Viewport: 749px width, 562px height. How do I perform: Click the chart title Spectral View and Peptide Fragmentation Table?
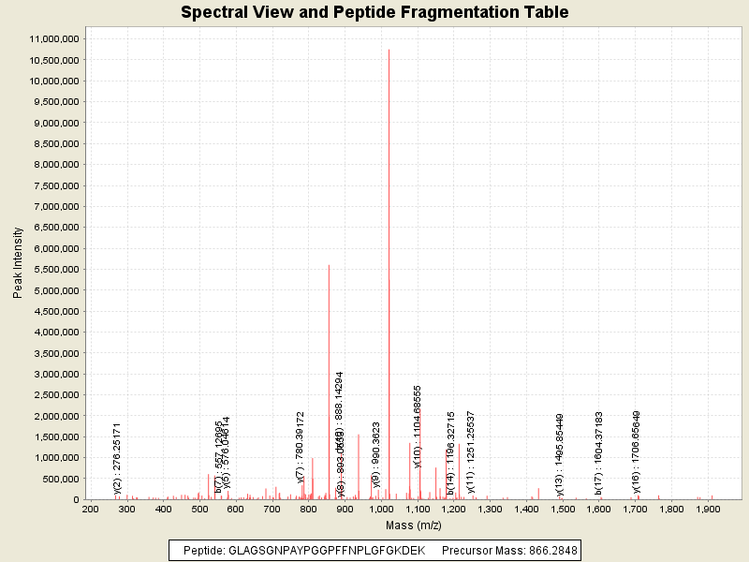click(x=374, y=12)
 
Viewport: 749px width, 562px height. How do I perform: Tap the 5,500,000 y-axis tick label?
click(x=55, y=270)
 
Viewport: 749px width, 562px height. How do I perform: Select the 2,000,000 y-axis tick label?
click(x=55, y=416)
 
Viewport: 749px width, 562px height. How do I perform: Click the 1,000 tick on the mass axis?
click(x=380, y=510)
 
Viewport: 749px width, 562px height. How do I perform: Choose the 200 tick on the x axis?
click(x=90, y=510)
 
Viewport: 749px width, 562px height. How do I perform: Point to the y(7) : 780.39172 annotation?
click(x=301, y=447)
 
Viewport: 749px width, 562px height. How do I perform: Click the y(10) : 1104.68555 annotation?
click(x=419, y=438)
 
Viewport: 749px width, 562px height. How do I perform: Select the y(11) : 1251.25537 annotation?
click(x=471, y=451)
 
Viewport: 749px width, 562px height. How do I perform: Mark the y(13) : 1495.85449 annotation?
click(x=559, y=453)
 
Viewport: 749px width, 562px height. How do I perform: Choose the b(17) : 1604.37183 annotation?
click(x=598, y=453)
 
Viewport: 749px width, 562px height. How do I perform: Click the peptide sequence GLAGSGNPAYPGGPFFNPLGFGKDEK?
click(x=327, y=550)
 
